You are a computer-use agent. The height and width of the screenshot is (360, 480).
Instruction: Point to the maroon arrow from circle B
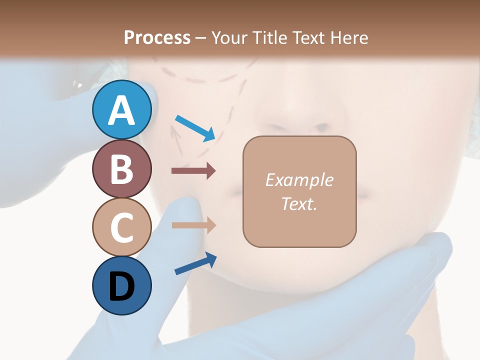tap(193, 171)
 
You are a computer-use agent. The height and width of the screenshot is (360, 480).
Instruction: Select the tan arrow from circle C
tap(193, 225)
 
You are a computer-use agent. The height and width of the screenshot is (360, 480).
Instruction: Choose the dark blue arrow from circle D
tap(195, 263)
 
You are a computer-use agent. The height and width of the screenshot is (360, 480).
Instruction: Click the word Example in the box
tap(299, 180)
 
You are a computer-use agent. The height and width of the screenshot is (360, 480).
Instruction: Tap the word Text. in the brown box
tap(299, 203)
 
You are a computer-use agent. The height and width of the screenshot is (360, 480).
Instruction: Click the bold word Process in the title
tap(157, 37)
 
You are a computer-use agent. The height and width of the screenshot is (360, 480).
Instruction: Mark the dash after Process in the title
tap(201, 38)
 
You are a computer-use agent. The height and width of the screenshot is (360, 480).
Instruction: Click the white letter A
tap(121, 110)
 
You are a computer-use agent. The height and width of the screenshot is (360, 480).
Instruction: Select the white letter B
tap(121, 169)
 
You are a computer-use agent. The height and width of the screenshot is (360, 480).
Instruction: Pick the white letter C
tap(121, 227)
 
